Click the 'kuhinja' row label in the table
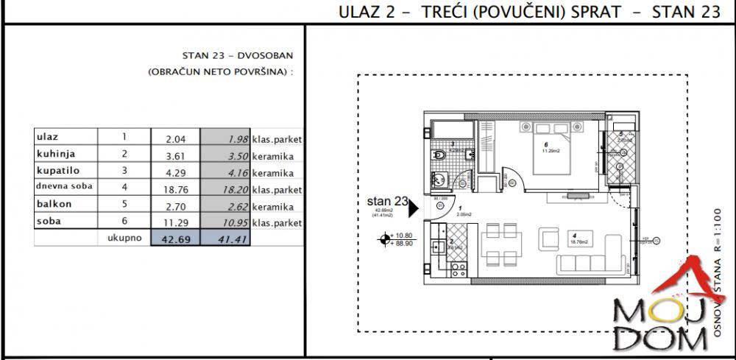coord(57,154)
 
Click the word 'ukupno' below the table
coord(124,238)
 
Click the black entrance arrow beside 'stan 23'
coord(414,208)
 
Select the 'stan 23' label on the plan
coord(386,200)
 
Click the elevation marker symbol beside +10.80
coord(384,238)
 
